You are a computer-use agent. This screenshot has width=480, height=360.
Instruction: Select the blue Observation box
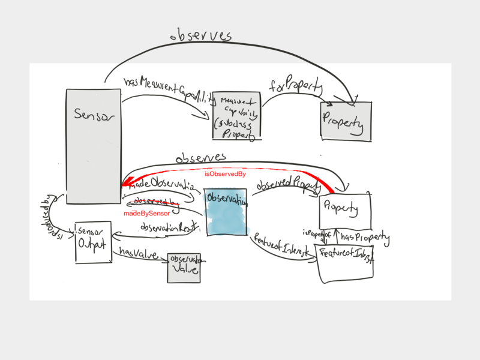coord(226,213)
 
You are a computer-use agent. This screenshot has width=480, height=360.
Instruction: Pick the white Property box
coord(346,209)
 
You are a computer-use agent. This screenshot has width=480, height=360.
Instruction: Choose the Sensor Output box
coord(94,242)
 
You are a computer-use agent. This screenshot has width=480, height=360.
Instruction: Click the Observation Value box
coord(184,268)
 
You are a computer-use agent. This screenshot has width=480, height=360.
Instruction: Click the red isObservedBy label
coord(226,174)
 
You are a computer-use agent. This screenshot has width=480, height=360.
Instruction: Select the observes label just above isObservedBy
coord(200,158)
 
